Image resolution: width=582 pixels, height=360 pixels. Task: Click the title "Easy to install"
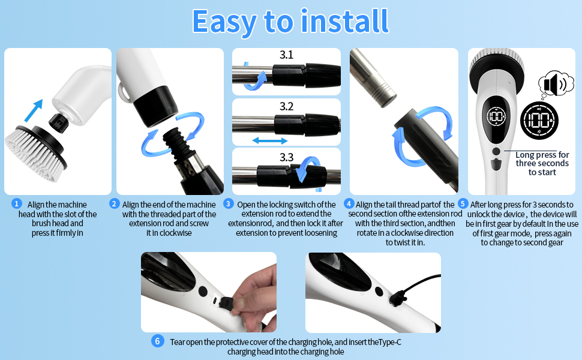[x=290, y=21]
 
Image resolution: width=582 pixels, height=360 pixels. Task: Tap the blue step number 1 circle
[x=17, y=204]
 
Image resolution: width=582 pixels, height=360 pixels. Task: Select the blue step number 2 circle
[x=114, y=204]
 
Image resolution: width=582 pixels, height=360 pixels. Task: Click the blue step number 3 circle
[x=228, y=204]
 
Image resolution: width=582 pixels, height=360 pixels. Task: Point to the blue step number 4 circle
[x=350, y=204]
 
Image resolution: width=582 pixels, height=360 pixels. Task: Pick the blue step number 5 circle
[x=463, y=204]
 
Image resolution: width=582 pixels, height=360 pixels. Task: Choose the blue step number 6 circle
[x=157, y=341]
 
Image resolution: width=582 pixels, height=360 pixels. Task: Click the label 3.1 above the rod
[x=286, y=55]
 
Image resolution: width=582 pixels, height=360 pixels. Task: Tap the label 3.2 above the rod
[x=286, y=107]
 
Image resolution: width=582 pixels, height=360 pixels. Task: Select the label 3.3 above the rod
[x=286, y=157]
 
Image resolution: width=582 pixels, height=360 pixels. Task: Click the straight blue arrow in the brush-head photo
[x=34, y=111]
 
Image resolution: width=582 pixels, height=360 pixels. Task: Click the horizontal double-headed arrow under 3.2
[x=269, y=140]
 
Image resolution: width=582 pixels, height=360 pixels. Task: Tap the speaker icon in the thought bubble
[x=553, y=85]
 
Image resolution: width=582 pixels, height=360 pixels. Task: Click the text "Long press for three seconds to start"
[x=542, y=163]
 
